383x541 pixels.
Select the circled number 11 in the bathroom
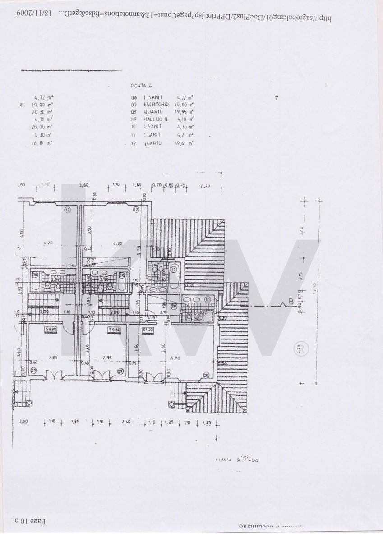pyautogui.click(x=174, y=269)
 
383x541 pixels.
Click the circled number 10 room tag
pyautogui.click(x=208, y=299)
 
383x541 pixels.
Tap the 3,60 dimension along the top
pyautogui.click(x=83, y=185)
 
